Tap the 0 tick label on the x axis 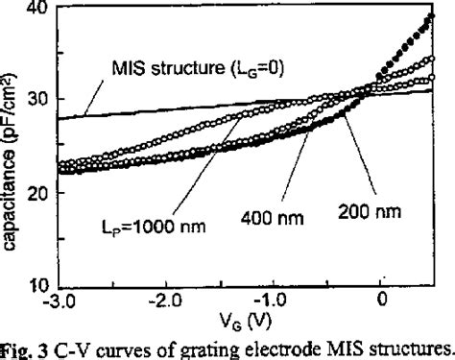384,302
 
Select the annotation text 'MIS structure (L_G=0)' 188,68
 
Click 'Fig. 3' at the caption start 24,349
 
